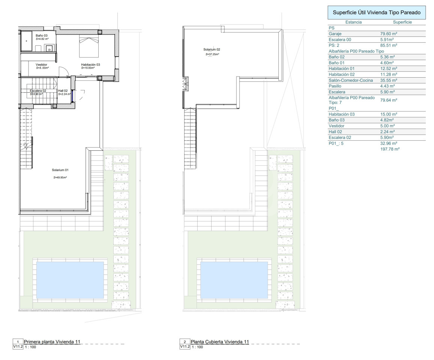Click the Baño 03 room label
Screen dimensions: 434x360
(42, 35)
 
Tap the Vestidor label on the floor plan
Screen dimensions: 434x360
(42, 64)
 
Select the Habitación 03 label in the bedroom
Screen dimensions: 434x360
(90, 64)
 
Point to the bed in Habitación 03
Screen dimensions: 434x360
(89, 46)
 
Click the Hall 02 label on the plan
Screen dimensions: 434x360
(63, 91)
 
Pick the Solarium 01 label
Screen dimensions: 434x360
(60, 170)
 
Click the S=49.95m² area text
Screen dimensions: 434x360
(60, 177)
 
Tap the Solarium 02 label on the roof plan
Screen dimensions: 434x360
(212, 49)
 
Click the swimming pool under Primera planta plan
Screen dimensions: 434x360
(70, 280)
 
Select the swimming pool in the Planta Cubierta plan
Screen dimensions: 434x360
(234, 280)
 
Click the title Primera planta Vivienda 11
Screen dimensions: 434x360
(52, 342)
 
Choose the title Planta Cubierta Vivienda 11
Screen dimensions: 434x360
(220, 342)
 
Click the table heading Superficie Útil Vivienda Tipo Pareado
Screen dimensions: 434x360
(377, 12)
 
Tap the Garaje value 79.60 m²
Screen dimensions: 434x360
(389, 34)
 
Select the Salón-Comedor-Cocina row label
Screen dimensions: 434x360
(351, 80)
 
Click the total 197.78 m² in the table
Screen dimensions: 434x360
(390, 149)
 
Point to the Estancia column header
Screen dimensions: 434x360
(353, 22)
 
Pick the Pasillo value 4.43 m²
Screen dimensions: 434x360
(387, 86)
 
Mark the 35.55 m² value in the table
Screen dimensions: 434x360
(389, 80)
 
